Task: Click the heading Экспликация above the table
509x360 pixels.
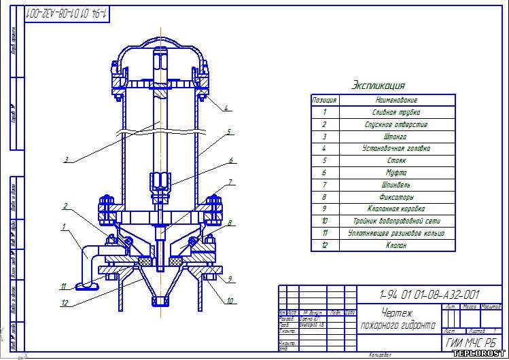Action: [x=379, y=86]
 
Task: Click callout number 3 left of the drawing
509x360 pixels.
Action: [x=66, y=160]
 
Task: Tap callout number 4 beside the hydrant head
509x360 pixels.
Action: [x=226, y=107]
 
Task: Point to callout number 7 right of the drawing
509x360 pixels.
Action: [x=230, y=182]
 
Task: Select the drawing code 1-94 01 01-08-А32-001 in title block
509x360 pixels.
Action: [x=429, y=294]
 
